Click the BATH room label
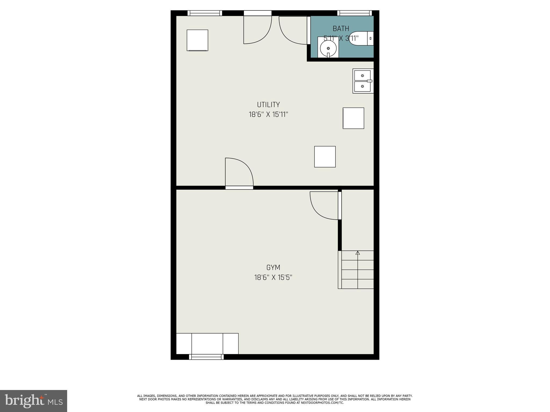341,28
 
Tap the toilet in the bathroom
361,38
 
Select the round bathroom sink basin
328,48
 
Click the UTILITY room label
268,105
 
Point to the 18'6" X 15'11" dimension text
268,115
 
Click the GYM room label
273,267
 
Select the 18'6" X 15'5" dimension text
273,277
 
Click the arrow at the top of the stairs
357,253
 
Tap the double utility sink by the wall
363,81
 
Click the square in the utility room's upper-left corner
197,40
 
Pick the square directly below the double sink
353,118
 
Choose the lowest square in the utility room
325,157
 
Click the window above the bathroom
354,13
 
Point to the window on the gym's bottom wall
206,357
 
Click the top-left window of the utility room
205,13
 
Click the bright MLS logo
34,401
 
